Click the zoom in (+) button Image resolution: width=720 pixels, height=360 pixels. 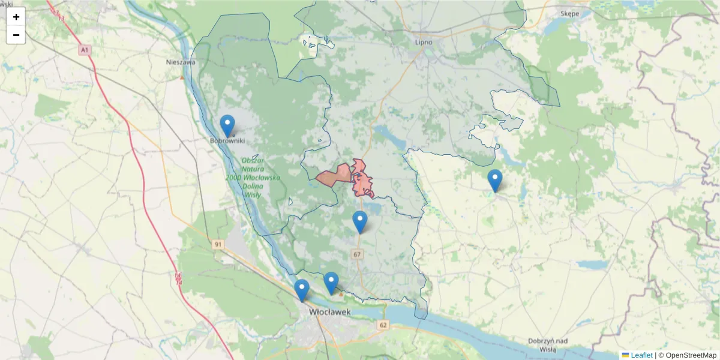pyautogui.click(x=16, y=17)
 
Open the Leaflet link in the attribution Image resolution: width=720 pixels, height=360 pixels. pyautogui.click(x=641, y=355)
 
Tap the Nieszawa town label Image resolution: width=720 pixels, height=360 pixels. pyautogui.click(x=181, y=61)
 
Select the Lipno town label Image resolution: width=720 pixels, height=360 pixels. pyautogui.click(x=424, y=42)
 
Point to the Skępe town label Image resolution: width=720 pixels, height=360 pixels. pyautogui.click(x=569, y=13)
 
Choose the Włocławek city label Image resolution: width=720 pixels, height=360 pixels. pyautogui.click(x=330, y=312)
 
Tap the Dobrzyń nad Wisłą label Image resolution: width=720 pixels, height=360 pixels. pyautogui.click(x=548, y=344)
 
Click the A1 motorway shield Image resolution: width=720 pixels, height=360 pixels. pyautogui.click(x=85, y=50)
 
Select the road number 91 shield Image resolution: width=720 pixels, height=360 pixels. pyautogui.click(x=218, y=244)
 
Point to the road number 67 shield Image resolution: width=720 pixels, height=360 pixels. pyautogui.click(x=358, y=254)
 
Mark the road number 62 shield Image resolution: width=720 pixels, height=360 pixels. pyautogui.click(x=383, y=325)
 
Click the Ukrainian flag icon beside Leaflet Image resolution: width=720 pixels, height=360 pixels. pyautogui.click(x=625, y=355)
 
